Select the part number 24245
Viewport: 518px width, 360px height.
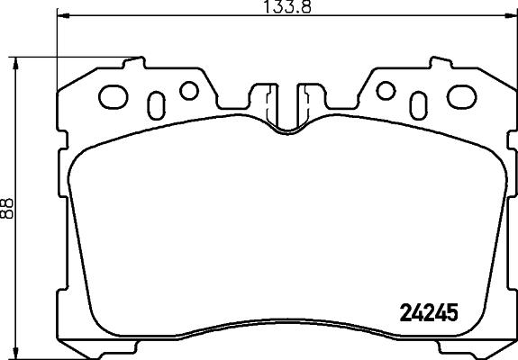click(429, 313)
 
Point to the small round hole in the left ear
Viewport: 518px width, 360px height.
click(188, 90)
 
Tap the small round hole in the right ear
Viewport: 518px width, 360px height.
click(386, 90)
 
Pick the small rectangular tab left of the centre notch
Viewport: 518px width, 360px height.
click(268, 96)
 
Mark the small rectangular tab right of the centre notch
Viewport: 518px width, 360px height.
click(307, 96)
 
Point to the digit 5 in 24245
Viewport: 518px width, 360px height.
click(453, 313)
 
